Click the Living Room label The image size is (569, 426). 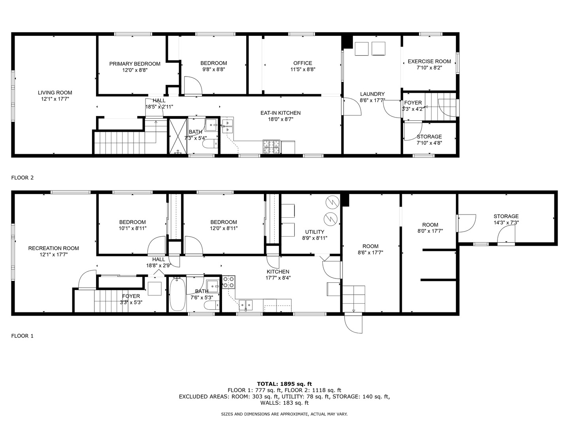point(55,93)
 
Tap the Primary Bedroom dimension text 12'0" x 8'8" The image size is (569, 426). point(135,70)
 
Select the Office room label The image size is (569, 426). point(303,63)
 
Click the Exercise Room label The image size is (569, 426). point(429,62)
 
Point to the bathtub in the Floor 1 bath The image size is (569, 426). point(177,295)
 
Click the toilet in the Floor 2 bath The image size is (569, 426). point(209,144)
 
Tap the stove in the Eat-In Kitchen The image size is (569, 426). point(271,147)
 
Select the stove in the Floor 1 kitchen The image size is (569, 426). point(229,282)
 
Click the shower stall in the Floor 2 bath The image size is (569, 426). point(178,136)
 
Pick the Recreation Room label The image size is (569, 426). point(53,248)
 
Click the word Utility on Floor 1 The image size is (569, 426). point(315,232)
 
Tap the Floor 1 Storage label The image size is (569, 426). point(506,216)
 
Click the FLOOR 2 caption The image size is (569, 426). point(23,177)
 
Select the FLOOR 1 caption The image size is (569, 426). point(23,336)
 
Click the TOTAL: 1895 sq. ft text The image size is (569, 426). point(284,383)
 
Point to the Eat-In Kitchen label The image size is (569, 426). point(280,113)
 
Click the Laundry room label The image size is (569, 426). point(372,94)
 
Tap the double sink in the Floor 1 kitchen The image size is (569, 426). point(246,304)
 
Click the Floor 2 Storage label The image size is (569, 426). point(429,136)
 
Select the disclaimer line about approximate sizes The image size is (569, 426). point(284,414)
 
